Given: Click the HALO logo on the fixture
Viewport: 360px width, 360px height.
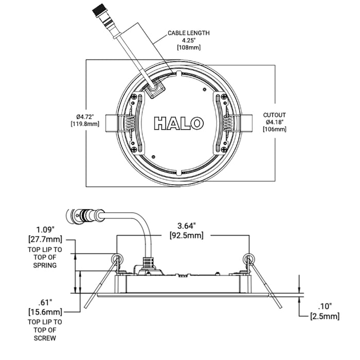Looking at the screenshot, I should point(178,123).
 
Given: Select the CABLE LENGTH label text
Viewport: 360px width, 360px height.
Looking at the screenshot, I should point(189,33).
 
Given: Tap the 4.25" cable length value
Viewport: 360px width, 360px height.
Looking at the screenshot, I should point(189,40).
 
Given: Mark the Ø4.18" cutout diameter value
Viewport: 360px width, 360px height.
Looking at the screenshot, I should point(275,122).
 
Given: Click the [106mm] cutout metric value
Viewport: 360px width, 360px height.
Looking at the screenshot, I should point(275,129).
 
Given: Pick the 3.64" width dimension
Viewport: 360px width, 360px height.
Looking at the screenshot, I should point(186,226).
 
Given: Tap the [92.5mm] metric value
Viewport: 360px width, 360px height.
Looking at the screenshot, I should point(186,236).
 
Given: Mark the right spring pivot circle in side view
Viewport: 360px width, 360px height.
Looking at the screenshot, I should point(249,258).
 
